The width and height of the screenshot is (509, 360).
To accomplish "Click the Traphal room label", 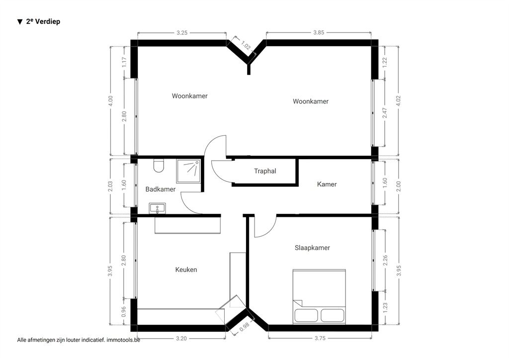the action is [x=265, y=171].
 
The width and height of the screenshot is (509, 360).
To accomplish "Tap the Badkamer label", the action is [x=161, y=189].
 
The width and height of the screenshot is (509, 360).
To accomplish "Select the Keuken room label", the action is [x=186, y=270].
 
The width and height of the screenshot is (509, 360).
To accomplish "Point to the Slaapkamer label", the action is [x=312, y=248].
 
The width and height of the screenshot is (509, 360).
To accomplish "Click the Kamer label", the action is [x=327, y=184].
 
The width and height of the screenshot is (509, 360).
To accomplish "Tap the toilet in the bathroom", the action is [x=159, y=166].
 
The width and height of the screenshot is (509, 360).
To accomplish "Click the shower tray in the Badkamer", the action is [x=188, y=171].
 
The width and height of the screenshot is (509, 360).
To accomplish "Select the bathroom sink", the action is [x=157, y=208].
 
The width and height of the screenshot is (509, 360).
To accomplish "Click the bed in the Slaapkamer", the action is [x=319, y=296].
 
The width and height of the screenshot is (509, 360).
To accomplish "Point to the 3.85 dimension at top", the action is [x=319, y=32].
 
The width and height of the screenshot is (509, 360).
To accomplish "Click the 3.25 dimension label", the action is [x=182, y=33].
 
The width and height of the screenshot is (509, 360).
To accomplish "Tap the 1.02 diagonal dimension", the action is [x=246, y=45].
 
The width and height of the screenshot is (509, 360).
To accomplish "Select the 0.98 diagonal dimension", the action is [x=244, y=327].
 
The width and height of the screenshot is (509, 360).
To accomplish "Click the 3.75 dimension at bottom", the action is [x=320, y=338].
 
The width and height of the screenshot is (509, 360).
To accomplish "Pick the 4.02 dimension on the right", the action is [x=398, y=100].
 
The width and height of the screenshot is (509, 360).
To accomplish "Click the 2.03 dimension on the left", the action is [x=110, y=186].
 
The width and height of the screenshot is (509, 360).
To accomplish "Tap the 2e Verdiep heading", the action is [x=39, y=21].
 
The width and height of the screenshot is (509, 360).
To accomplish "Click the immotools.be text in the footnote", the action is [x=123, y=340].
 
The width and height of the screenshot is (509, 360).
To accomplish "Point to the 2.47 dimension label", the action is [x=385, y=113].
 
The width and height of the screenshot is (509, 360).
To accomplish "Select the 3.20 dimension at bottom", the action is [x=181, y=339].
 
